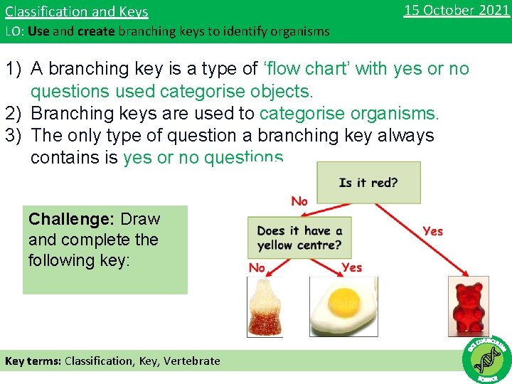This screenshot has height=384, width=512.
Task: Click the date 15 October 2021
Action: [456, 10]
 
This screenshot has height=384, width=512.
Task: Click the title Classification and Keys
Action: [77, 11]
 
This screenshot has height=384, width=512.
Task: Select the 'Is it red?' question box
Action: [368, 183]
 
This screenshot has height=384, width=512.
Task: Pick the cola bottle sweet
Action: [265, 306]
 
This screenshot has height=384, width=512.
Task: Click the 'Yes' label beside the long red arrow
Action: [432, 231]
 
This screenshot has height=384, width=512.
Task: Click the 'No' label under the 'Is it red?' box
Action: [299, 202]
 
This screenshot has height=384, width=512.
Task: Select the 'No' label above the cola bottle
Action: [257, 267]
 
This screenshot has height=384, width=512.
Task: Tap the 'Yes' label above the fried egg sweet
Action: [351, 267]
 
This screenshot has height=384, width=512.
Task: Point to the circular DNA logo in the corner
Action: [486, 359]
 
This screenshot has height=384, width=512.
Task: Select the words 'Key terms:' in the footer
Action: [33, 361]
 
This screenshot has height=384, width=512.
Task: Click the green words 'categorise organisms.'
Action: [349, 114]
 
